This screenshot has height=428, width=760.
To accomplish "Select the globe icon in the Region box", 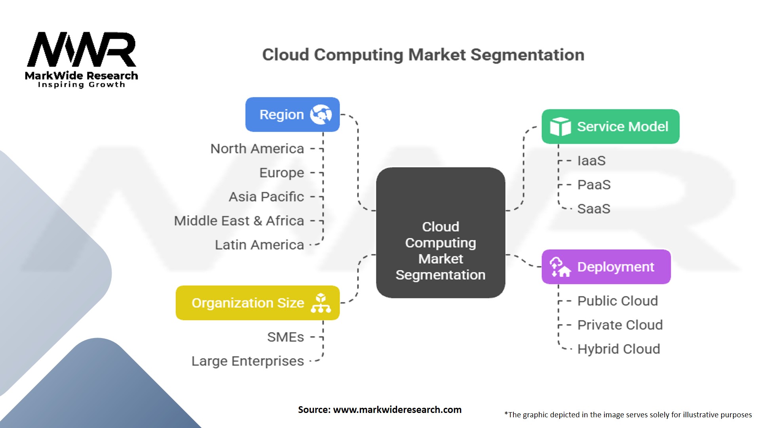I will pyautogui.click(x=321, y=115).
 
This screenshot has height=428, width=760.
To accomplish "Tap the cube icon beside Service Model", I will pyautogui.click(x=560, y=126).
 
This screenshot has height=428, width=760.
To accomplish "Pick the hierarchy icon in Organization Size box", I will pyautogui.click(x=321, y=303).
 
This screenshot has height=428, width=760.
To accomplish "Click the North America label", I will pyautogui.click(x=257, y=149).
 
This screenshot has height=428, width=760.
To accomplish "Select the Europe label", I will pyautogui.click(x=281, y=173).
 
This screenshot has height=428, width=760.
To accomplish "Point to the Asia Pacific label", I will pyautogui.click(x=266, y=197).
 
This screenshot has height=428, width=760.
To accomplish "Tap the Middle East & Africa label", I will pyautogui.click(x=239, y=221).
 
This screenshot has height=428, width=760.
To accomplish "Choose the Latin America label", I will pyautogui.click(x=259, y=245).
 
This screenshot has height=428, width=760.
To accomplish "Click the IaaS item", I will pyautogui.click(x=591, y=160).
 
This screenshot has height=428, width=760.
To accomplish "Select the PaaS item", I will pyautogui.click(x=594, y=185).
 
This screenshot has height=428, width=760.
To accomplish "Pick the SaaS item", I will pyautogui.click(x=594, y=209).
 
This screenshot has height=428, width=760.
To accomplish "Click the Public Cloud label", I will pyautogui.click(x=617, y=301).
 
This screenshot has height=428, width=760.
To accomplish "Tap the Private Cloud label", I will pyautogui.click(x=620, y=325).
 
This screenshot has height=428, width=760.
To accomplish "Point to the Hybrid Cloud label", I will pyautogui.click(x=619, y=349).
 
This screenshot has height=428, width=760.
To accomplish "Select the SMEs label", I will pyautogui.click(x=285, y=337).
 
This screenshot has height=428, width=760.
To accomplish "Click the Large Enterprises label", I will pyautogui.click(x=248, y=361).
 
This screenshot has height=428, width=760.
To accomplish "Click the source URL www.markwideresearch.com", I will pyautogui.click(x=397, y=410).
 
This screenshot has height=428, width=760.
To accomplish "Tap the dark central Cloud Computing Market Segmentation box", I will pyautogui.click(x=441, y=233).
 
